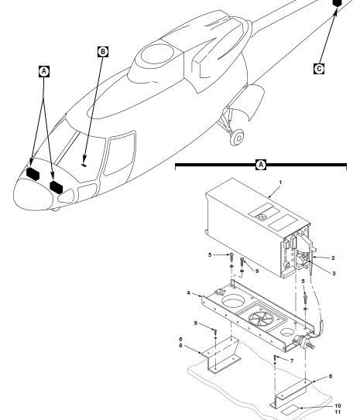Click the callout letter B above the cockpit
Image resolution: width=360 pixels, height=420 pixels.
click(103, 52)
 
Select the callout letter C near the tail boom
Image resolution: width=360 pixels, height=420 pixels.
click(319, 69)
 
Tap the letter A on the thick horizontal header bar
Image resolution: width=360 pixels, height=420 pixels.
click(261, 165)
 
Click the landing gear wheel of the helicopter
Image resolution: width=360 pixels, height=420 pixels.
click(238, 138)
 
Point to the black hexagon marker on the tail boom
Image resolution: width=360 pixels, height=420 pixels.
click(337, 3)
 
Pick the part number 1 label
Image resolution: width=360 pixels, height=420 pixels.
click(280, 183)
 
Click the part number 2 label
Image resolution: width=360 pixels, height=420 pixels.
click(333, 258)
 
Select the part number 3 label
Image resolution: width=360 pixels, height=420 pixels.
click(334, 274)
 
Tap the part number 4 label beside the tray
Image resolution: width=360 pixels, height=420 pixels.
click(188, 293)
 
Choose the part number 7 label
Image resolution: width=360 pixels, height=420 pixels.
click(292, 360)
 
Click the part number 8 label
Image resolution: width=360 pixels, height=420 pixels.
click(180, 346)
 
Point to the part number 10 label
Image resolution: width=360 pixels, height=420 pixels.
click(338, 406)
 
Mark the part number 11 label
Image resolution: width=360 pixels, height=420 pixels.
click(338, 412)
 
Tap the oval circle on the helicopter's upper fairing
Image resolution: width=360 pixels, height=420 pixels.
click(157, 54)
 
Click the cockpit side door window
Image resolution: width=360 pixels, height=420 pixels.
click(120, 153)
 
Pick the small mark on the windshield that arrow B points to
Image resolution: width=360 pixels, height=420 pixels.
click(84, 165)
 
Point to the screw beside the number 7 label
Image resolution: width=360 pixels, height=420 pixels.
click(275, 357)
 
